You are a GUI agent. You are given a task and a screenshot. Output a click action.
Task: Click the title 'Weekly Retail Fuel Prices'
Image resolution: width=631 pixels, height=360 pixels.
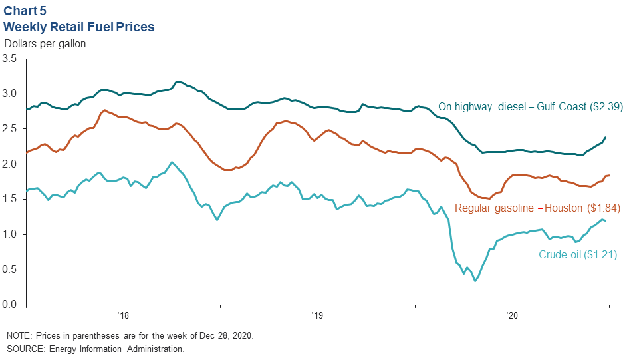click(x=79, y=27)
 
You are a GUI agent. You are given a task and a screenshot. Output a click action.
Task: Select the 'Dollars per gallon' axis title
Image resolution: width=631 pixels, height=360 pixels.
click(x=45, y=44)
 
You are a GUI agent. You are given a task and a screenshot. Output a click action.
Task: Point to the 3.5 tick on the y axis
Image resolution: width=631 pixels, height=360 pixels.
click(x=10, y=59)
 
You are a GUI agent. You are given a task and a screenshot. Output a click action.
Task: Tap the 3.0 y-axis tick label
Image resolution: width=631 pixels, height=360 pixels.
click(x=10, y=94)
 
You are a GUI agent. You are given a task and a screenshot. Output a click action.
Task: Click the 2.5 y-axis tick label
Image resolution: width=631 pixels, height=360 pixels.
click(x=10, y=129)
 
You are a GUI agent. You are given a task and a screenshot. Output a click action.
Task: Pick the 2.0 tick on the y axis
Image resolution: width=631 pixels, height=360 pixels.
click(x=10, y=164)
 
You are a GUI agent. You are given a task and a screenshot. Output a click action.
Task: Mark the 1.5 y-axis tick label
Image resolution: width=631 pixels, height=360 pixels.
click(x=10, y=200)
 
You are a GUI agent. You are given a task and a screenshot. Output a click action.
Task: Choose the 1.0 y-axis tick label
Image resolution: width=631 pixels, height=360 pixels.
click(x=10, y=235)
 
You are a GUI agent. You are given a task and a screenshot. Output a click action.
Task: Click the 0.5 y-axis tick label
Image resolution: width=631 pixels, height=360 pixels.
click(x=10, y=270)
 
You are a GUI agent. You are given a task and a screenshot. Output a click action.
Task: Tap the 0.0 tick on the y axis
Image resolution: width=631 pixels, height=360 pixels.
click(x=10, y=305)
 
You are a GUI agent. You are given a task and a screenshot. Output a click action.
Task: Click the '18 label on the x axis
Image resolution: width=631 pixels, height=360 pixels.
click(x=122, y=316)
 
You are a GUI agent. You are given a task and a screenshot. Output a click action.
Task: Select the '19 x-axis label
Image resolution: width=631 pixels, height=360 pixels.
click(x=317, y=316)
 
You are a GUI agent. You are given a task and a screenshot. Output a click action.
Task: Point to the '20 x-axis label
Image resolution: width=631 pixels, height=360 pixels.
click(x=512, y=316)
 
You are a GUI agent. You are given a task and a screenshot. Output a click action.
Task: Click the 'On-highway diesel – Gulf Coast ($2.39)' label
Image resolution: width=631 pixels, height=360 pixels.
click(x=521, y=106)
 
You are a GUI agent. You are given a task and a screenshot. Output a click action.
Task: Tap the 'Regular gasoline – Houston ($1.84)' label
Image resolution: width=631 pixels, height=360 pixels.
click(x=537, y=208)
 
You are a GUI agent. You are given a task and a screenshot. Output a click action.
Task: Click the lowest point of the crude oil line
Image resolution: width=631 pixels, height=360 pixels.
click(x=475, y=281)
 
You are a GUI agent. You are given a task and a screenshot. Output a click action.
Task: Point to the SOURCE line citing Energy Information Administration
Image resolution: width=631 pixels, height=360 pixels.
click(x=95, y=349)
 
